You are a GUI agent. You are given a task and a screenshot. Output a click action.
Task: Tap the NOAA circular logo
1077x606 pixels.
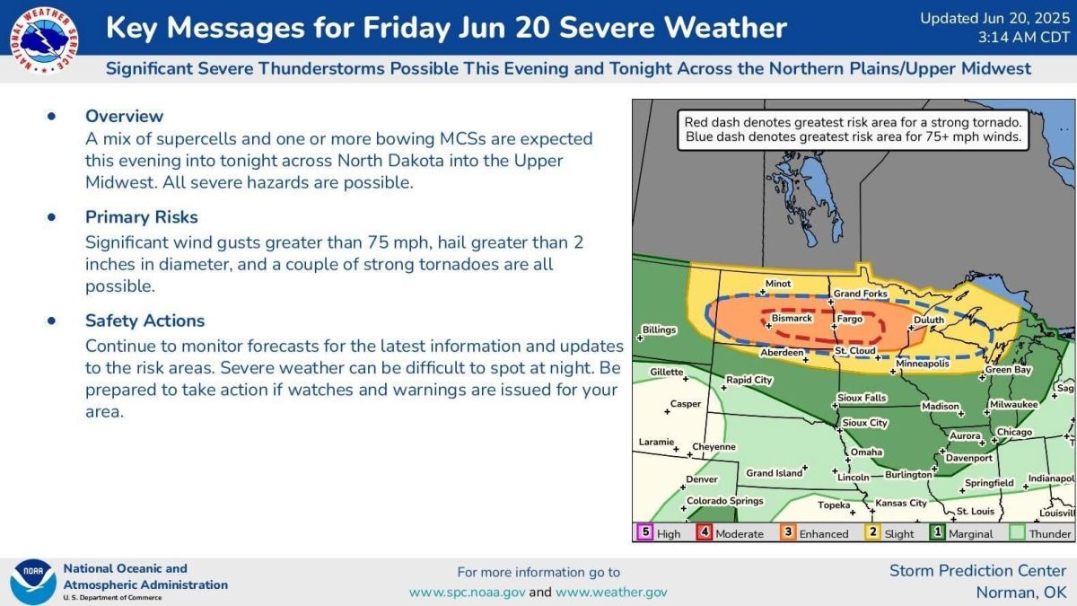click(32, 581)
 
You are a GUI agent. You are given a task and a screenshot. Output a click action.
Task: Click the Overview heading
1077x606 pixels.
click(124, 116)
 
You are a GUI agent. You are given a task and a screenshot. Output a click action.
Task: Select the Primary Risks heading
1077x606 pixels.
click(141, 217)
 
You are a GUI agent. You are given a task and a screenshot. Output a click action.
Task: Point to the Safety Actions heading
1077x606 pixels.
click(144, 321)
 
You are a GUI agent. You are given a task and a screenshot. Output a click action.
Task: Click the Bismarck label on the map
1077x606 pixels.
click(792, 318)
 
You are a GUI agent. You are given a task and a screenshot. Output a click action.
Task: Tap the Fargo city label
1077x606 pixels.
click(849, 319)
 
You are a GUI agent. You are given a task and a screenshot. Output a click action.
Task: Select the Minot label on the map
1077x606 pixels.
click(777, 284)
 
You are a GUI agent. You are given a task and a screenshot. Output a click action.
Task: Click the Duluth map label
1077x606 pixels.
click(928, 320)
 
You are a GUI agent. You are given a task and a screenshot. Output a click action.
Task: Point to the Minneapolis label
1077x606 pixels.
click(922, 364)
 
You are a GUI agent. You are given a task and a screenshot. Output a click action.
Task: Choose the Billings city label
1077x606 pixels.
click(659, 329)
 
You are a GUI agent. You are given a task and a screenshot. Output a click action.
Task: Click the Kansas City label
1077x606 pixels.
click(901, 503)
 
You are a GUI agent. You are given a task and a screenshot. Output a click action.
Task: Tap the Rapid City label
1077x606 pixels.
click(749, 380)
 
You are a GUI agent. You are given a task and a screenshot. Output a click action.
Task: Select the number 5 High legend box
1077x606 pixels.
click(644, 531)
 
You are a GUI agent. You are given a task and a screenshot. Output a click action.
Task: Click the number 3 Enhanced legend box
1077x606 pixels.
click(786, 531)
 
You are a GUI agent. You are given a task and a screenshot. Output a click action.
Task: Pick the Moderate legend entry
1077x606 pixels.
click(739, 533)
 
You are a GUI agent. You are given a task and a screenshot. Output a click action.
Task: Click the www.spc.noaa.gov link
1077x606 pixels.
click(467, 592)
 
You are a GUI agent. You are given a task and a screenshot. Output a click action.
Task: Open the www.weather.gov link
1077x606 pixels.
click(611, 592)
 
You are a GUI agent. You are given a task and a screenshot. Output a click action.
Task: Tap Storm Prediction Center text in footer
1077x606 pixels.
click(977, 570)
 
